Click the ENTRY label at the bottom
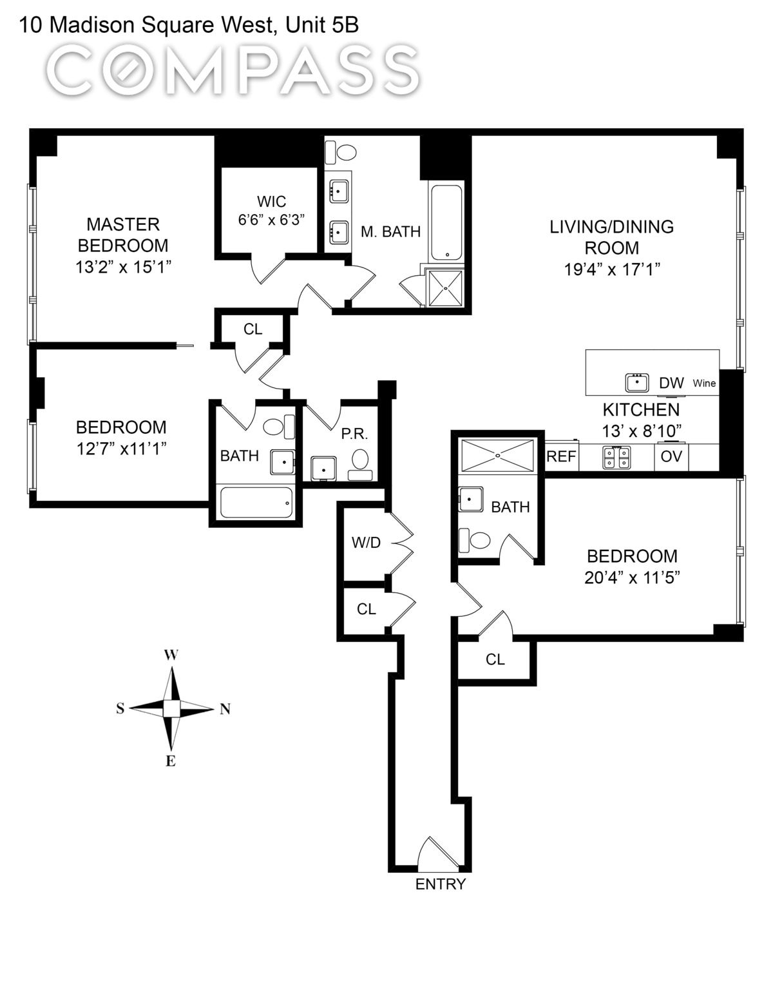pos(440,884)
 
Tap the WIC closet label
pos(271,201)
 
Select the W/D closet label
pos(366,543)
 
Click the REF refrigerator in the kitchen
pos(561,456)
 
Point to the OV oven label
pos(671,457)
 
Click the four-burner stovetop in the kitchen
pos(616,457)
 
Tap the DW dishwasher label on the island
pos(671,383)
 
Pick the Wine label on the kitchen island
pos(704,384)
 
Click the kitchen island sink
pos(637,382)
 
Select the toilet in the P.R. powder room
pos(360,460)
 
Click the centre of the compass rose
pos(171,708)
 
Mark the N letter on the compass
pos(225,710)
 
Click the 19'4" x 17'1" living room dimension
pos(612,269)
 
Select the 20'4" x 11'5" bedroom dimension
pos(632,578)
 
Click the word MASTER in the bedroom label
pos(123,224)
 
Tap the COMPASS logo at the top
pos(233,70)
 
